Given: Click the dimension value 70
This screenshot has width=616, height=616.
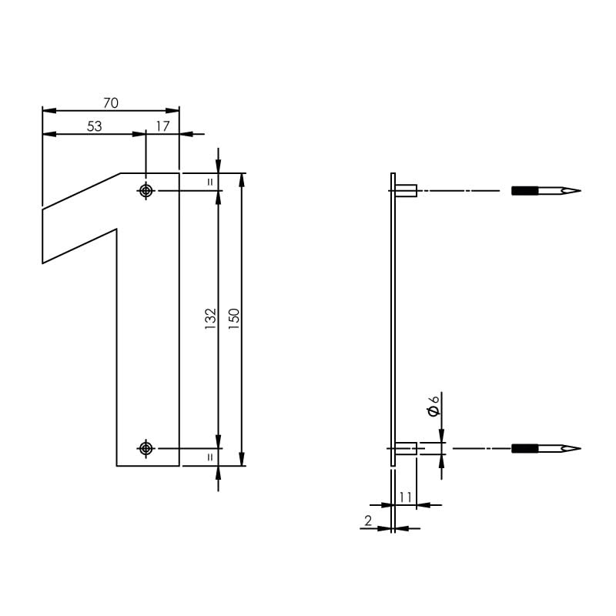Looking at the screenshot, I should pyautogui.click(x=110, y=102).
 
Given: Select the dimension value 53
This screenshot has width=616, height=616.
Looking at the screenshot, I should pyautogui.click(x=94, y=126).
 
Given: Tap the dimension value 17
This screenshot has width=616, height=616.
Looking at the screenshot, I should pyautogui.click(x=163, y=126).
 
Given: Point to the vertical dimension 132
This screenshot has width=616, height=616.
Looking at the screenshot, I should pyautogui.click(x=210, y=320).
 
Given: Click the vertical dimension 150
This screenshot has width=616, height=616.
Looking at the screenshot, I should pyautogui.click(x=234, y=320).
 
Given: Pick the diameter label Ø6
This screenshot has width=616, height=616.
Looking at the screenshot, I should pyautogui.click(x=434, y=406).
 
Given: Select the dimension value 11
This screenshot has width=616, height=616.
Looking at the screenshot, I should pyautogui.click(x=406, y=497).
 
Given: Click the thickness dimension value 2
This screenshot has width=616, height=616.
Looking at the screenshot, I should pyautogui.click(x=368, y=521).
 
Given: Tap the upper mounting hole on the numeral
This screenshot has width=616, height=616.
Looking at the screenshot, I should pyautogui.click(x=146, y=190).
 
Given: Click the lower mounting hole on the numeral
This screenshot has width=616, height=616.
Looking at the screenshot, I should pyautogui.click(x=146, y=448).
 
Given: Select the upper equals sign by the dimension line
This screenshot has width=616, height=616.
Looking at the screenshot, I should pyautogui.click(x=210, y=182).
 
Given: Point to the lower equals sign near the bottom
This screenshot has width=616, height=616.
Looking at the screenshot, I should pyautogui.click(x=210, y=457).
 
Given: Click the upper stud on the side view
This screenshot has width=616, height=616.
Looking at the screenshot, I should pyautogui.click(x=406, y=190).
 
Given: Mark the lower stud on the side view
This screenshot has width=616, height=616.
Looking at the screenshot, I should pyautogui.click(x=406, y=448).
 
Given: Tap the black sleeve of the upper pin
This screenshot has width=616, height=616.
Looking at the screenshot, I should pyautogui.click(x=525, y=190).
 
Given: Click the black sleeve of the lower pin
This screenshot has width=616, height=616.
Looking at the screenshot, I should pyautogui.click(x=525, y=448).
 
